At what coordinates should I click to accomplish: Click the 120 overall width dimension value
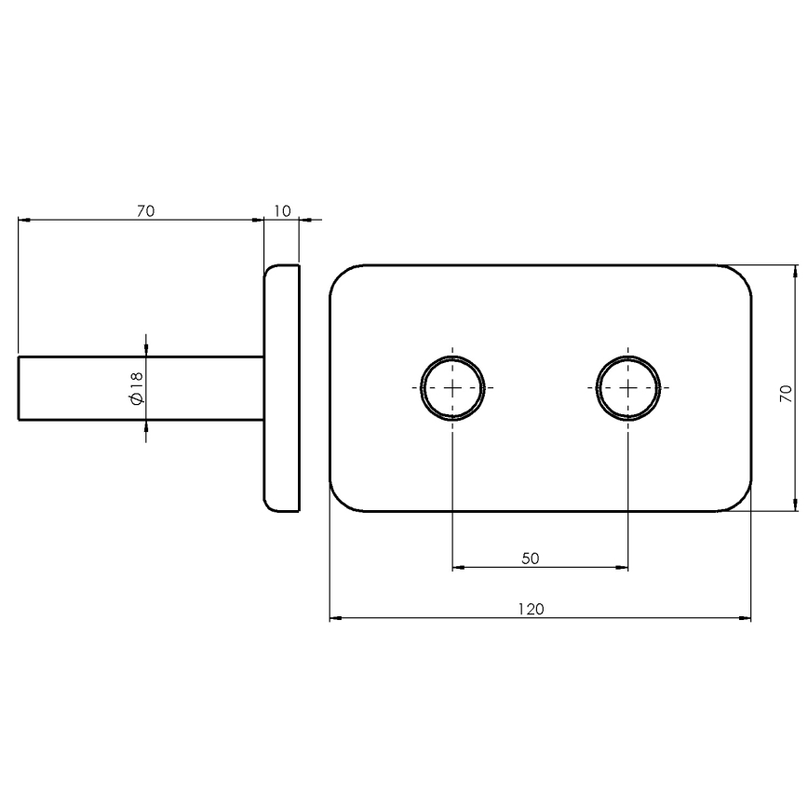pos(531,609)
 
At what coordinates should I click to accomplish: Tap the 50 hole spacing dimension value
pos(531,559)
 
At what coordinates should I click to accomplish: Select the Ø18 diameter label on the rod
pos(136,387)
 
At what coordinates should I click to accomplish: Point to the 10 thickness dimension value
pos(282,211)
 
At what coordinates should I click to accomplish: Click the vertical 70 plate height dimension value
pos(786,392)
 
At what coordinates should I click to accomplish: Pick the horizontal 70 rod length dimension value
pos(144,211)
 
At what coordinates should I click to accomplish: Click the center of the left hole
pos(452,387)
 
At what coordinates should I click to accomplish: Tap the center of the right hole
pos(628,387)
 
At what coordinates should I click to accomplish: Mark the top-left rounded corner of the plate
pos(340,275)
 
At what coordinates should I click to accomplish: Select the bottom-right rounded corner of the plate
pos(741,502)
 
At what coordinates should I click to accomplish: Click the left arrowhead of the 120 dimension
pos(336,617)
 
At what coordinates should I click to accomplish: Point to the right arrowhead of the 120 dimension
pos(745,617)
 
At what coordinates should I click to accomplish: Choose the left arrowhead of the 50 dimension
pos(458,567)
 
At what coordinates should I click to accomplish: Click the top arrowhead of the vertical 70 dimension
pos(795,272)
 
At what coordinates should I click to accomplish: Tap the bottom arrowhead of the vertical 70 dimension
pos(795,505)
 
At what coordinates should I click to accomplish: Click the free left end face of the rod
pos(19,387)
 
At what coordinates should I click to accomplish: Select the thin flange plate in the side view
pos(282,387)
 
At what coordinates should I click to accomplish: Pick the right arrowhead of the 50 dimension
pos(623,567)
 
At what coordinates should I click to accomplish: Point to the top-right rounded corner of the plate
pos(741,275)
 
